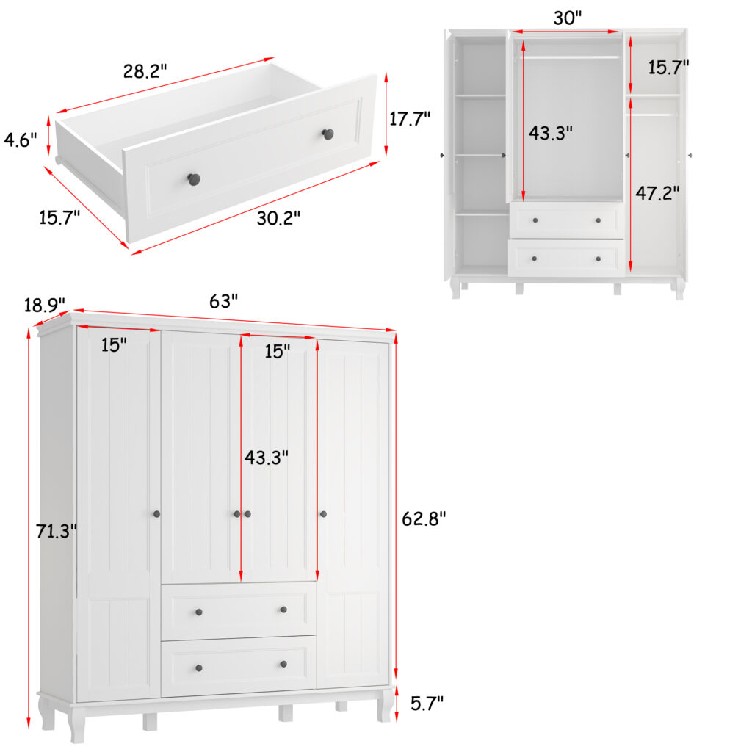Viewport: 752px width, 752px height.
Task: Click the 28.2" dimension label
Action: point(145,71)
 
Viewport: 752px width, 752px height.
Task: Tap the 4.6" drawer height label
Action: point(20,140)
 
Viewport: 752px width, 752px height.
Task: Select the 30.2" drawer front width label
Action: point(278,218)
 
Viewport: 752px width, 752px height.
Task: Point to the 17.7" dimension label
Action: point(409,118)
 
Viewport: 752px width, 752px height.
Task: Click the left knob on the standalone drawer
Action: point(193,179)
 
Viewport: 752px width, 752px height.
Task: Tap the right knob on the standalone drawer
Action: point(328,134)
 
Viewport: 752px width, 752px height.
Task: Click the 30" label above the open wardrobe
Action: point(568,18)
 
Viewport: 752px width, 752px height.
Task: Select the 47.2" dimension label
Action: point(657,193)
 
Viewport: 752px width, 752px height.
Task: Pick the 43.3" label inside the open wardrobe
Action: point(550,133)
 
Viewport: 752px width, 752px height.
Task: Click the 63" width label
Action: point(223,301)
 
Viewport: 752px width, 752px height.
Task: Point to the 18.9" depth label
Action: point(45,305)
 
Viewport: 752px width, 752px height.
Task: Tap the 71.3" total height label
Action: point(56,531)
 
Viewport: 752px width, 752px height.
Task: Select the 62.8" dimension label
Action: point(424,518)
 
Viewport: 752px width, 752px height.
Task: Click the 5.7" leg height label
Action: point(427,703)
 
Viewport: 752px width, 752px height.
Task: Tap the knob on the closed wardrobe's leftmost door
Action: point(156,514)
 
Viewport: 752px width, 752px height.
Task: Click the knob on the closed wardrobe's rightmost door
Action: point(323,514)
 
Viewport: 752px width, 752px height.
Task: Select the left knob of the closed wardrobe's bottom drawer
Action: point(198,668)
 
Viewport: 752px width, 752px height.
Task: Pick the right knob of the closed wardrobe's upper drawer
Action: point(283,610)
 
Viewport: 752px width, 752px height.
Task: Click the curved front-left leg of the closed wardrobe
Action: point(76,724)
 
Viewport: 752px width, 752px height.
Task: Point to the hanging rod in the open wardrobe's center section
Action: point(569,57)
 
